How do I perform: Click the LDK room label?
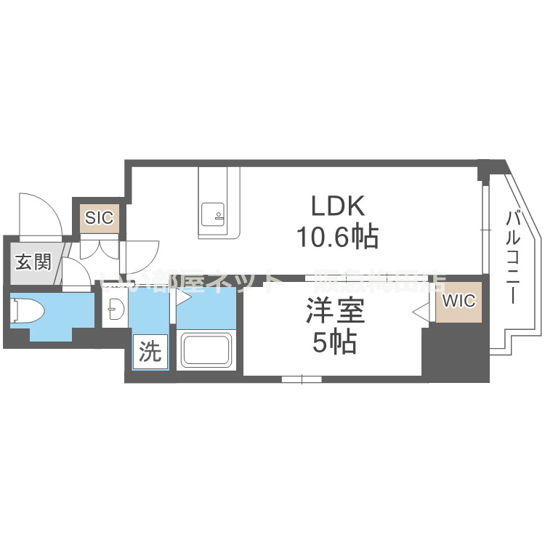(x=336, y=206)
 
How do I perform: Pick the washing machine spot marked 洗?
(x=150, y=352)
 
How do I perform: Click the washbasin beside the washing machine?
(x=114, y=311)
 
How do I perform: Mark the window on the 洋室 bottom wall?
(x=302, y=378)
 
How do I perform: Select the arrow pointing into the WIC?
(x=419, y=312)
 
